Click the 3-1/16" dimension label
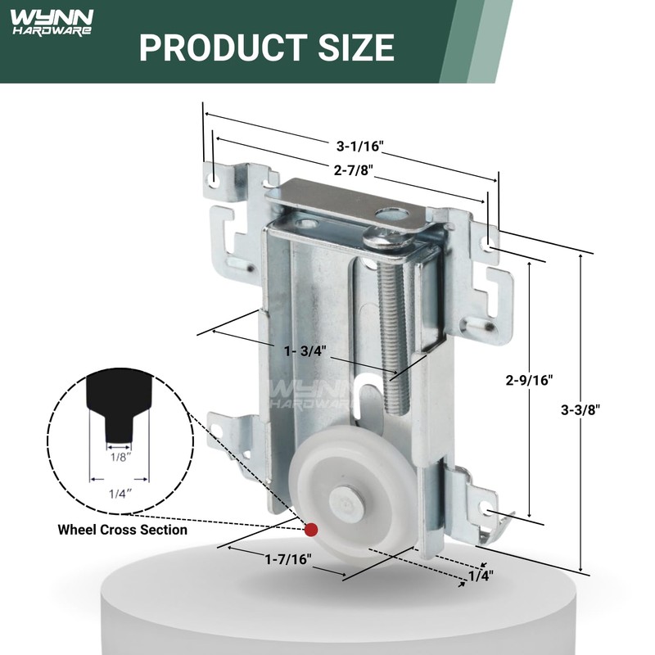pos(359,146)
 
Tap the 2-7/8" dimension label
pos(354,170)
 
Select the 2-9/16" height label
pos(529,380)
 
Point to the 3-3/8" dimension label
pos(580,410)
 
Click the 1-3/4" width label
pos(305,351)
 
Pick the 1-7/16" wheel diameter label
pos(288,558)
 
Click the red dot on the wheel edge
pos(310,530)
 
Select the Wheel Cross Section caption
pos(122,530)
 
